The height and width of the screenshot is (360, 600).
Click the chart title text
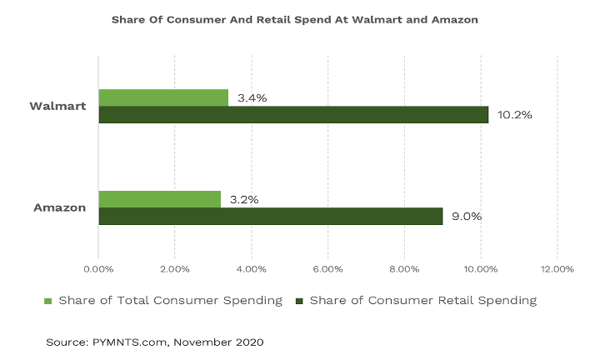click(x=295, y=19)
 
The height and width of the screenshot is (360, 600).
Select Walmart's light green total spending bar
click(x=163, y=97)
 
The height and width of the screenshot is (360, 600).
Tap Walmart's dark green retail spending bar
click(x=293, y=114)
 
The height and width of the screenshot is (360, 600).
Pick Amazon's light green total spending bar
click(x=160, y=199)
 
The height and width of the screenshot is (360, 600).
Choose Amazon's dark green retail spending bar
click(x=271, y=216)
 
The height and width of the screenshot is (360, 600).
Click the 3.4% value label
click(x=252, y=97)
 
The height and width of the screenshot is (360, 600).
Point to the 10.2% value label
click(x=515, y=114)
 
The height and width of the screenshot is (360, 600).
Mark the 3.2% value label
click(x=244, y=199)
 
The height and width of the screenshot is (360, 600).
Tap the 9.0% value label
click(x=467, y=216)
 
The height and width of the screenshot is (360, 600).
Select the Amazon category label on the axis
click(x=59, y=207)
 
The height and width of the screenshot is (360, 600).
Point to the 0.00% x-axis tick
click(x=98, y=269)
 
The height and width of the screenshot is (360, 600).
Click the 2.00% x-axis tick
click(x=175, y=269)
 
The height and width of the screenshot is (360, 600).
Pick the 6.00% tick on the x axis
click(x=327, y=269)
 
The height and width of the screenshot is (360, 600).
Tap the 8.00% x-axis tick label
click(x=404, y=269)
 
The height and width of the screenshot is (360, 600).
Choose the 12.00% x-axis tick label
click(x=557, y=269)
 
